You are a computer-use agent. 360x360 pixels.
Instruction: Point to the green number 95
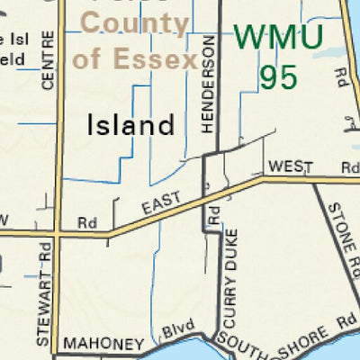tap(278, 76)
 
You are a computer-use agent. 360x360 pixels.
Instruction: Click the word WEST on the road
tap(289, 166)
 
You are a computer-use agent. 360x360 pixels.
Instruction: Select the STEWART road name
tap(45, 318)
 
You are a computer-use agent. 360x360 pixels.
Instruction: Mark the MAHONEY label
tap(103, 345)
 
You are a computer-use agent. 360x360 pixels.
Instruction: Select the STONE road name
tap(335, 218)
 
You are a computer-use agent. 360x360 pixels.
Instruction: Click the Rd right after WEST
tap(349, 166)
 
